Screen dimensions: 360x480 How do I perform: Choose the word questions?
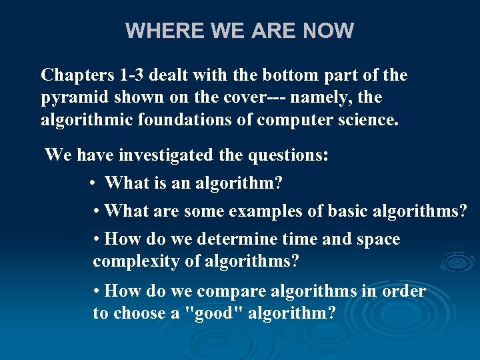pos(288,155)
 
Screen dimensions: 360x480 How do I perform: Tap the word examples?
pos(262,211)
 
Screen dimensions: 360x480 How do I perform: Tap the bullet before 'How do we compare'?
pos(97,291)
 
